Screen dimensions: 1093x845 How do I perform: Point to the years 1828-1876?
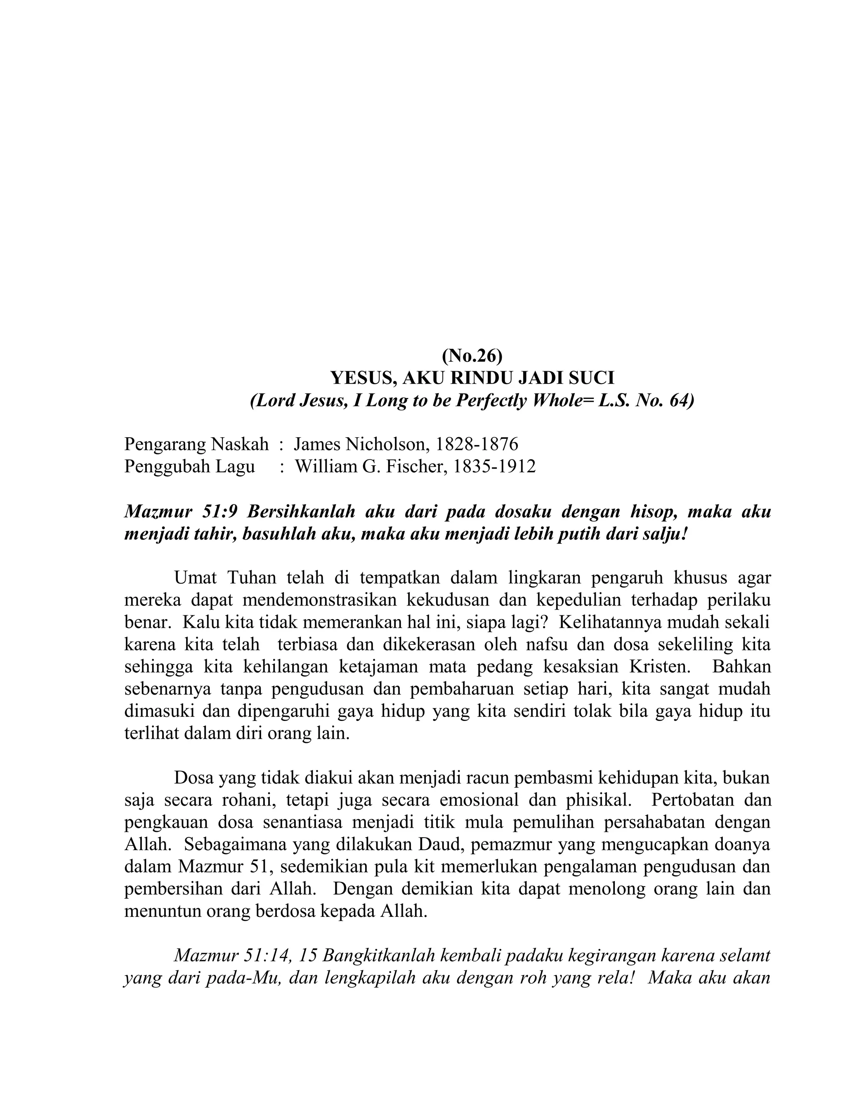(477, 444)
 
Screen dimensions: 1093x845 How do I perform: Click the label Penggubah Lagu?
(189, 466)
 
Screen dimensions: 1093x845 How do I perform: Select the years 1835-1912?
(494, 466)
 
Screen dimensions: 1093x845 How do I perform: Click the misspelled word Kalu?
(197, 622)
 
